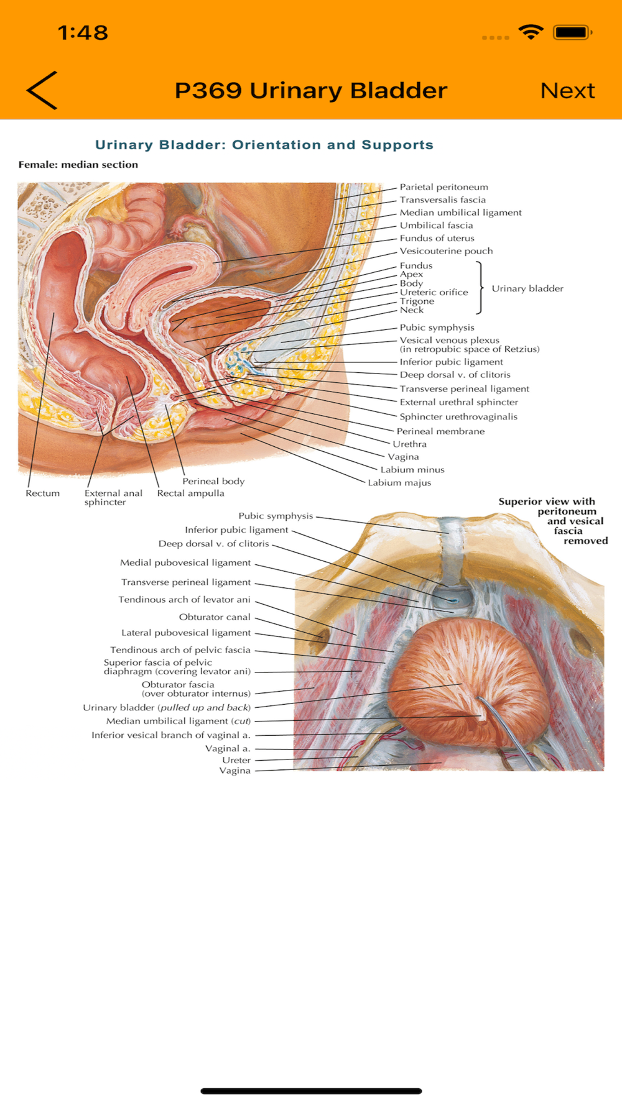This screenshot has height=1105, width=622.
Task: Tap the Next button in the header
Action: point(567,91)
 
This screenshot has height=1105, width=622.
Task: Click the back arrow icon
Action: point(42,91)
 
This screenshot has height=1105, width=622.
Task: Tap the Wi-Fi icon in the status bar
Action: point(531,32)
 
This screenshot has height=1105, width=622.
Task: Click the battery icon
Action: point(572,32)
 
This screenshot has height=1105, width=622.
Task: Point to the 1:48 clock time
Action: point(83,32)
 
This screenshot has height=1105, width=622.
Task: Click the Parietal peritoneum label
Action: point(443,187)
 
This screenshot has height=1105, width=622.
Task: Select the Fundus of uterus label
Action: point(437,238)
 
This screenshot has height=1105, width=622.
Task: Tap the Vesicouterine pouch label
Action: point(446,251)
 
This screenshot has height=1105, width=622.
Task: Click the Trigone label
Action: point(417,301)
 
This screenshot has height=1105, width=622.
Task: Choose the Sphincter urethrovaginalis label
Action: point(458,417)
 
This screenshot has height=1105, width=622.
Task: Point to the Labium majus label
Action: point(399,483)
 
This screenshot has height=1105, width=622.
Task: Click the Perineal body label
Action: point(213,481)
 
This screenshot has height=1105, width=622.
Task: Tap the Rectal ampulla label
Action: point(190,493)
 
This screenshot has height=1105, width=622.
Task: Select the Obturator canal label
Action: point(215,617)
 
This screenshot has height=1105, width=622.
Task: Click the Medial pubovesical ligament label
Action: point(185,563)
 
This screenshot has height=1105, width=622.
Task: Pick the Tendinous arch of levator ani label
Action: point(184,600)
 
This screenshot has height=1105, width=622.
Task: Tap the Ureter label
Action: point(236,760)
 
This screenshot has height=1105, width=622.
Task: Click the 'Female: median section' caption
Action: point(78,165)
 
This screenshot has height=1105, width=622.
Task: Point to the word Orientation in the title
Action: point(276,145)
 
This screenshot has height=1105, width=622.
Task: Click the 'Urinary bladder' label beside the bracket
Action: point(527,288)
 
